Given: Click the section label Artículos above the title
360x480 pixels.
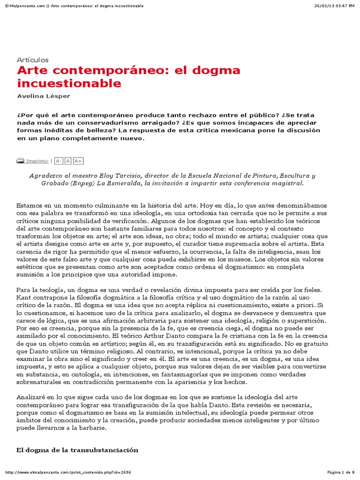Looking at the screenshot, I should tap(32, 60).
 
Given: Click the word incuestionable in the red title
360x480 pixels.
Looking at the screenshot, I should tap(69, 84).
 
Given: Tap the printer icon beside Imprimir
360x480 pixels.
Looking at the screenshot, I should tap(20, 161).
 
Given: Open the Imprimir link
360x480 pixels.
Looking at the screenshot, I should tap(37, 161).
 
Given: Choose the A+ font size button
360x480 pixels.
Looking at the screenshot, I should tap(78, 161).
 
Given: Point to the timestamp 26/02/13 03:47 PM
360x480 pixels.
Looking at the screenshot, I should tap(334, 5).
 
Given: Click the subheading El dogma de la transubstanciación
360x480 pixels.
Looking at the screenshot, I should tap(77, 450).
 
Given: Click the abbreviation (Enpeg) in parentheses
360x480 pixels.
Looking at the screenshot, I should tap(83, 183).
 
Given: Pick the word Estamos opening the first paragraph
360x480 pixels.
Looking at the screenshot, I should tap(29, 205).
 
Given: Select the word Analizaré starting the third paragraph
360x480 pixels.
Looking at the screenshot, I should tap(31, 397).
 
